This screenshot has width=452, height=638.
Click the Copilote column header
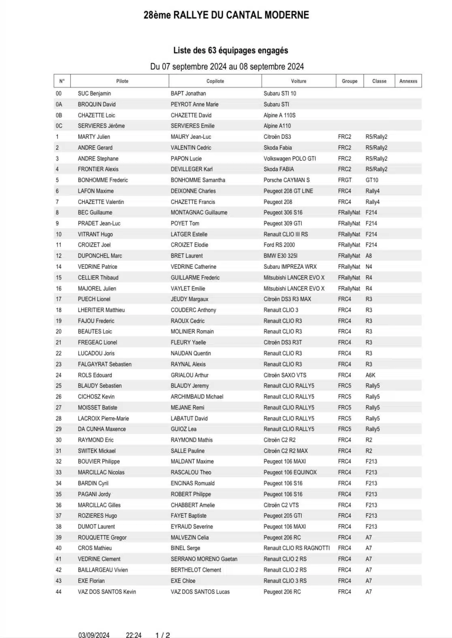(215, 81)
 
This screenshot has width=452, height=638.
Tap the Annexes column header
(408, 81)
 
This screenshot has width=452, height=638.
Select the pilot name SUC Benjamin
(94, 94)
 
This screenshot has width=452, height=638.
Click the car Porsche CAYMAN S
(286, 180)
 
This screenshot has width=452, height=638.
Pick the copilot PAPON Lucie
(186, 159)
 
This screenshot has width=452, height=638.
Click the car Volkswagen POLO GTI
(290, 159)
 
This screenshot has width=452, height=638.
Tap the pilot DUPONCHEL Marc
(100, 256)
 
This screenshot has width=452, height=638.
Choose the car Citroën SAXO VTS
(285, 375)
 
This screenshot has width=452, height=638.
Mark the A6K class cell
(370, 375)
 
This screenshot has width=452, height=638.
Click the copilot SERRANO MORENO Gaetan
(204, 559)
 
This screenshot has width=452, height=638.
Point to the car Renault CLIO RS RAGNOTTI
(296, 548)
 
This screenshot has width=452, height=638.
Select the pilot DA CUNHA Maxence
(102, 429)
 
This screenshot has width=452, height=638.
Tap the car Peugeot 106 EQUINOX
(290, 472)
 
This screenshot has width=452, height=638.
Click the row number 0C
(59, 126)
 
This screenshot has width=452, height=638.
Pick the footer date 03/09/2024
(94, 635)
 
